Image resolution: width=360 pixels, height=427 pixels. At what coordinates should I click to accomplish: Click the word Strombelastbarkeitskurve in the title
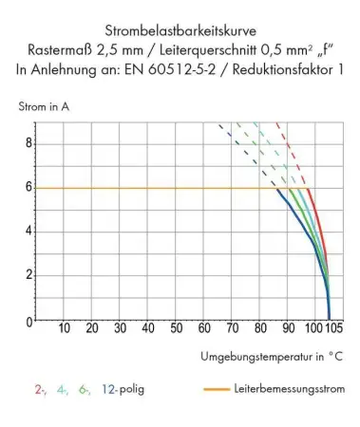click(x=180, y=27)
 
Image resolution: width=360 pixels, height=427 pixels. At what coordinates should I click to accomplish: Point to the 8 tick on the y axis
click(x=29, y=143)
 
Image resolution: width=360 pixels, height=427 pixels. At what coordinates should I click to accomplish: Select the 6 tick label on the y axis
click(x=29, y=188)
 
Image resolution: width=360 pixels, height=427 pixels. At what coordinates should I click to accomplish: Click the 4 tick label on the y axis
click(x=29, y=232)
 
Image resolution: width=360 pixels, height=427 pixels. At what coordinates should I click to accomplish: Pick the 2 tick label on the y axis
click(x=29, y=275)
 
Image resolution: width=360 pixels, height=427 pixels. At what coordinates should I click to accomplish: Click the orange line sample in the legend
click(x=218, y=389)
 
